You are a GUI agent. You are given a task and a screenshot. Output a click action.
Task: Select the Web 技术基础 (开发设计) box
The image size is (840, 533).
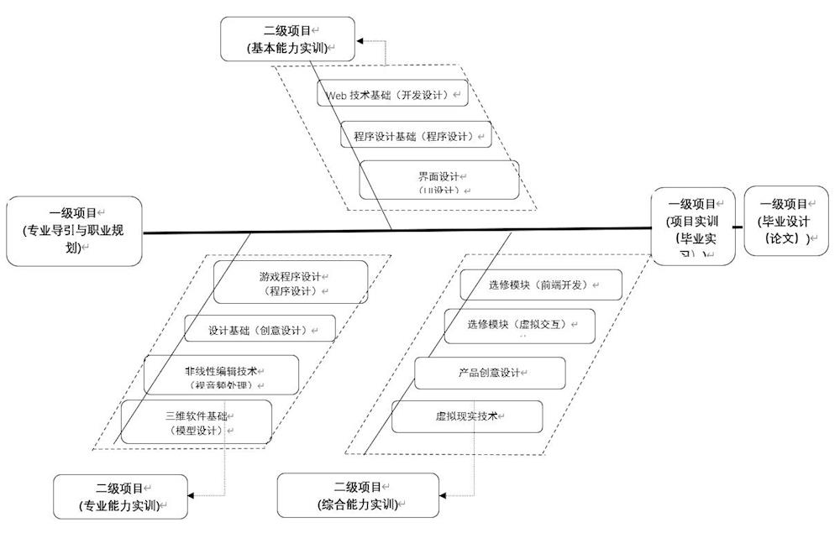392,94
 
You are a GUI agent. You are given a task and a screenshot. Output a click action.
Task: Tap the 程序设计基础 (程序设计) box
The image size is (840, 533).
416,134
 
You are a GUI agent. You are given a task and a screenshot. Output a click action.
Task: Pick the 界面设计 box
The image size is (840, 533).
438,180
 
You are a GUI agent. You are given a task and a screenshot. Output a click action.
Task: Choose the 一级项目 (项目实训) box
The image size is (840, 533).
693,227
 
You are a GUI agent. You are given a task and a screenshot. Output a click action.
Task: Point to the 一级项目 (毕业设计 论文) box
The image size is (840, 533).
785,221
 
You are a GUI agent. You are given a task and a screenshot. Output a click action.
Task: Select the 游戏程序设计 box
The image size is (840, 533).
290,282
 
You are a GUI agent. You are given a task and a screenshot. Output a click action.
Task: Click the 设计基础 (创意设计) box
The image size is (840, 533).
260,329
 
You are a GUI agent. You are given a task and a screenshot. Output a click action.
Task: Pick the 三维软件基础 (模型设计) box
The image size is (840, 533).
196,421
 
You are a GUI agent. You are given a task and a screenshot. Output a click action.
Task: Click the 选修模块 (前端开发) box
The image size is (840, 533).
541,285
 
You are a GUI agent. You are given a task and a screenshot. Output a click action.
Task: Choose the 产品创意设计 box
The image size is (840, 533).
489,373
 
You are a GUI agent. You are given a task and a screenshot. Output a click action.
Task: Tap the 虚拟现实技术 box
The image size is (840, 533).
467,416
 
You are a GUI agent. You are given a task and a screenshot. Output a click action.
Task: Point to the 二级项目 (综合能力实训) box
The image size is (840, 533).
358,495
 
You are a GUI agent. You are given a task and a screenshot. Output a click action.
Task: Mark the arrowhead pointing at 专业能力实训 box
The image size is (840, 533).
192,496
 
